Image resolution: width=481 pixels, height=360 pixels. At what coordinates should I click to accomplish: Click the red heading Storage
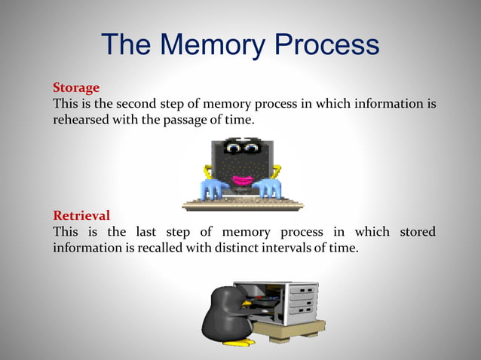coord(76,87)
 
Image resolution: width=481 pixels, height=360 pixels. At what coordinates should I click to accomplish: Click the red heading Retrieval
coord(81,215)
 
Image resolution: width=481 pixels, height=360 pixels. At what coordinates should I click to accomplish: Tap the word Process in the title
coord(326,45)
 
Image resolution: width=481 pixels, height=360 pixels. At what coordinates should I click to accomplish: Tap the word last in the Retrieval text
coord(164,231)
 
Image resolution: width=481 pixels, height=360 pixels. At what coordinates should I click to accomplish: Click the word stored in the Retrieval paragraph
coord(417,231)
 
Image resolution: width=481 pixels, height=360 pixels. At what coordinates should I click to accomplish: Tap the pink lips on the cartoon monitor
coord(242,181)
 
